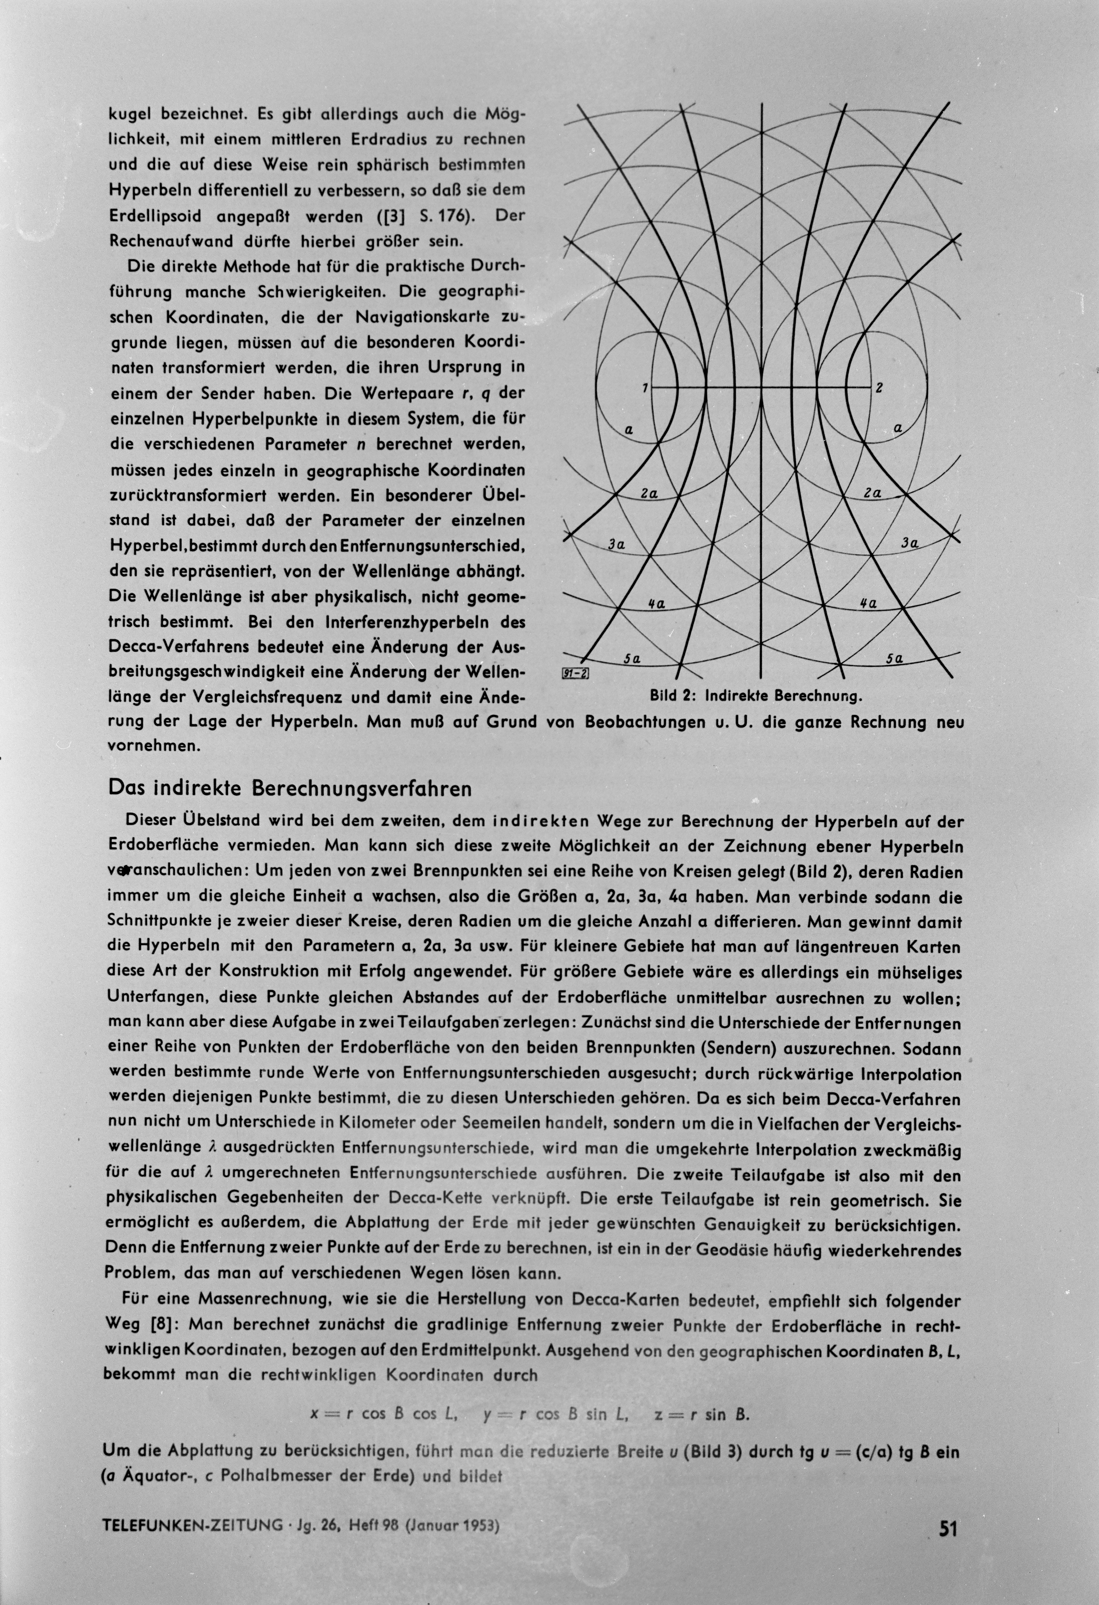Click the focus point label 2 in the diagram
pos(879,387)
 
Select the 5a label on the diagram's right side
pos(895,659)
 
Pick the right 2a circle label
pos(872,493)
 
